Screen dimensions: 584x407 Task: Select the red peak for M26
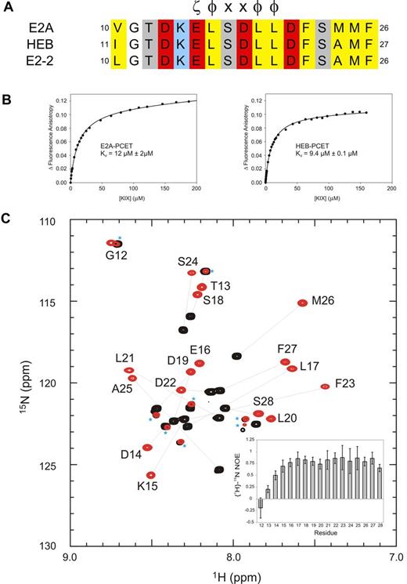click(x=303, y=303)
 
